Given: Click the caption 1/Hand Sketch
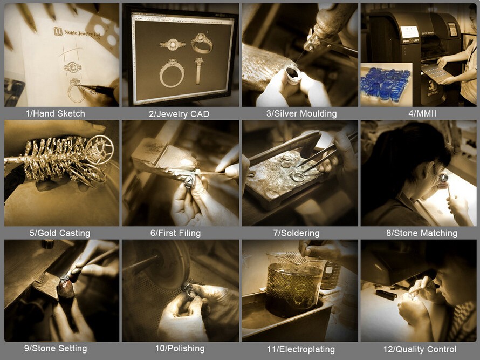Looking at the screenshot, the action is point(56,114).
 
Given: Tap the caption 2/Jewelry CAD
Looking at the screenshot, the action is point(179,114).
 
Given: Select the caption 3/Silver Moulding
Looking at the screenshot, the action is point(301,114).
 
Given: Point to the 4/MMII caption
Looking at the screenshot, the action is point(422,114).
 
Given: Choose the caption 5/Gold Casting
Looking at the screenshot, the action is point(60,233).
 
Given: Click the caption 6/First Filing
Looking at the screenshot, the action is point(175,233).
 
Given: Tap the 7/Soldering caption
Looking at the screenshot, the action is point(296,233).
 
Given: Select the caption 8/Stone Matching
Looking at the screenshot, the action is point(422,233).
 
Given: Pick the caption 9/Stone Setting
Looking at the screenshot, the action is point(56,348).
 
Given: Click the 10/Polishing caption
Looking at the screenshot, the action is point(180,348).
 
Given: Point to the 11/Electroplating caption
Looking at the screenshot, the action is point(301,349).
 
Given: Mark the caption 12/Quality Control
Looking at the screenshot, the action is point(420,349).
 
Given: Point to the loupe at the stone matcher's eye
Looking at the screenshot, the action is point(443,178).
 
